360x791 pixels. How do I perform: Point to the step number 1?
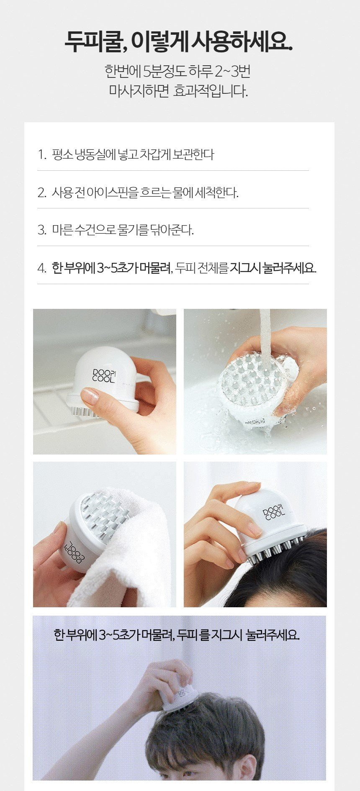(41, 154)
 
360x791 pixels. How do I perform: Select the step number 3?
(41, 230)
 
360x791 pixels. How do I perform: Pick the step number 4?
(41, 268)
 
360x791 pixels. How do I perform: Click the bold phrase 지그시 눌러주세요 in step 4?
(273, 268)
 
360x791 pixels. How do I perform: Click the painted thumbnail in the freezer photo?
(90, 396)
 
